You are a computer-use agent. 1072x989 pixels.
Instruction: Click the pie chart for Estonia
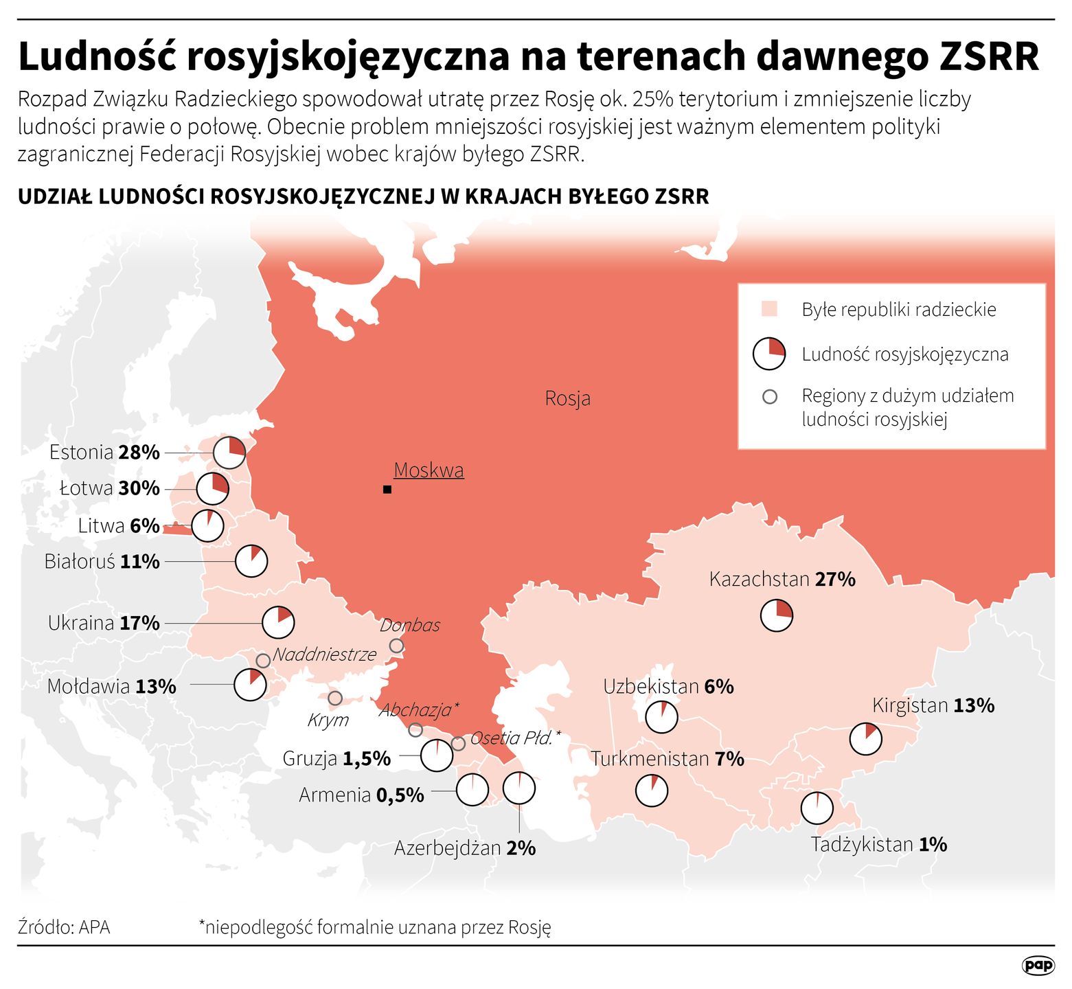tap(229, 453)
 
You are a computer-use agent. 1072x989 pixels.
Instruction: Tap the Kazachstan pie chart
tap(777, 615)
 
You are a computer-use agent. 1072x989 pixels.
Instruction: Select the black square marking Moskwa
tap(387, 490)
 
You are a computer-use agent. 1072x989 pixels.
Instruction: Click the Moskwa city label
tap(429, 470)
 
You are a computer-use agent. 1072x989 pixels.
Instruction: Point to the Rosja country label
tap(567, 398)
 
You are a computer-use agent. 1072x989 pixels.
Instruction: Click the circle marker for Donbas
tap(396, 646)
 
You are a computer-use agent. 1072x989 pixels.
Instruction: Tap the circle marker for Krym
tap(335, 698)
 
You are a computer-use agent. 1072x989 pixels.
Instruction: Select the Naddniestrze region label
tap(324, 654)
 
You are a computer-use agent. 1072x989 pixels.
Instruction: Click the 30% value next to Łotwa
tap(139, 488)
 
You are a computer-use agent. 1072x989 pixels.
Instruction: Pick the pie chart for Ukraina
tap(278, 623)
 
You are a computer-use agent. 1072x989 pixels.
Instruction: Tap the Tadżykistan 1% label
tap(878, 845)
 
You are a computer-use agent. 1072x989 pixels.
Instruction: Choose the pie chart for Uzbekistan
tap(661, 717)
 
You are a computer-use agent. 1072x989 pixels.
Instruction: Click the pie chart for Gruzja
tap(437, 755)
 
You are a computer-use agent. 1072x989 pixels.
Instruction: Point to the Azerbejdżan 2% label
tap(465, 849)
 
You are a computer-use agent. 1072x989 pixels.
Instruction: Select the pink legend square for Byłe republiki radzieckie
tap(769, 309)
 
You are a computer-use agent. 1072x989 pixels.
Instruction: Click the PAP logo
tap(1038, 965)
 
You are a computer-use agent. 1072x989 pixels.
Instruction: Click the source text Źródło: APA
tap(64, 927)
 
